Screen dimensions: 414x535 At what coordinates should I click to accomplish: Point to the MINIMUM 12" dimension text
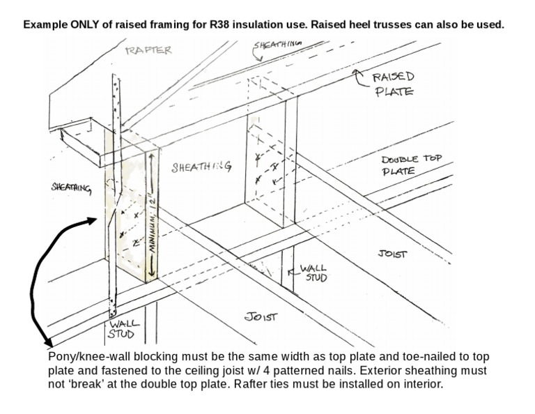coord(151,220)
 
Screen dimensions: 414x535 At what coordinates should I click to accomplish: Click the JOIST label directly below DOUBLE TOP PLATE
coord(392,254)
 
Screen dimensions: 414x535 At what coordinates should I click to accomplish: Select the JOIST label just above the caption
coord(261,316)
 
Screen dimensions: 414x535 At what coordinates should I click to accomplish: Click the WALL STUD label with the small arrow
coord(313,273)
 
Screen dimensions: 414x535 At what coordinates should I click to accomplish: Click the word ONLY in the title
coord(86,24)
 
